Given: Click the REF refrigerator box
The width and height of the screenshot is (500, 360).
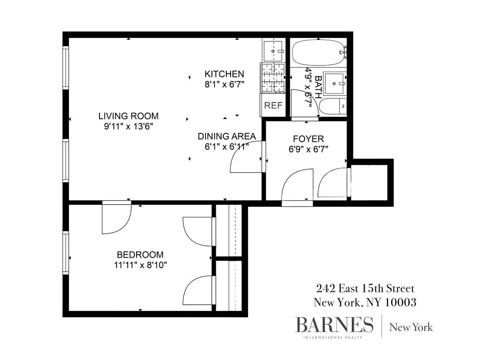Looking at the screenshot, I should (273, 105).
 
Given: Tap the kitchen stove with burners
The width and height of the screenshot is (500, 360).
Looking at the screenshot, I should (273, 77).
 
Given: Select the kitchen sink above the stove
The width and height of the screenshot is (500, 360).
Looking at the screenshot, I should (273, 51).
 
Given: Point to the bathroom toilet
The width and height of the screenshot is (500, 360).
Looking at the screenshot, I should (333, 106).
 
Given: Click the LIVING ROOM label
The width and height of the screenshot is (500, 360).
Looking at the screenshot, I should (128, 116).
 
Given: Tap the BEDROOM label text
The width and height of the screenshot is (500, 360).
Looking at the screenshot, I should (140, 255).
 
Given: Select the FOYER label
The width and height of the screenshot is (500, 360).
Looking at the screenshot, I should (308, 139).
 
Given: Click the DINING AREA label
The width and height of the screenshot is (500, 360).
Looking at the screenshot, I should (227, 136).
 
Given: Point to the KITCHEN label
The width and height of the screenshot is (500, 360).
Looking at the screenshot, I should (225, 74).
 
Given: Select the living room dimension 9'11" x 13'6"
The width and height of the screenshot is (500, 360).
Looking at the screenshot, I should (128, 126).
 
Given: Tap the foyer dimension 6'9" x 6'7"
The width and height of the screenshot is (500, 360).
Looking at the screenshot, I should (308, 149).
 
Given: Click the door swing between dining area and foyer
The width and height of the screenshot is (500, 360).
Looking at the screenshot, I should (248, 160).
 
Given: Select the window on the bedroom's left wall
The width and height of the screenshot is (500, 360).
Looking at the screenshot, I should (66, 252).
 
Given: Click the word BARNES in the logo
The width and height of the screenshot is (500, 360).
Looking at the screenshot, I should (334, 325).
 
